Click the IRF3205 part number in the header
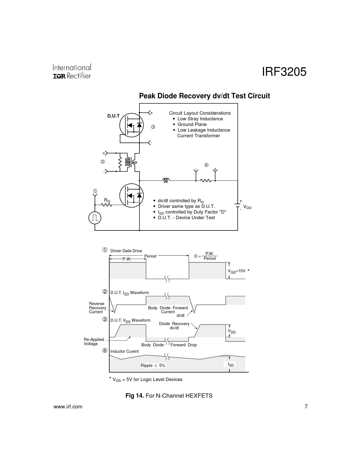click(284, 72)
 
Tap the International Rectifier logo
click(72, 71)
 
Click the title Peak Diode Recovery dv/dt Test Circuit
click(204, 96)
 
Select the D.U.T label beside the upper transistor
click(114, 116)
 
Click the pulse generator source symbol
click(95, 217)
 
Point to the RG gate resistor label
click(107, 201)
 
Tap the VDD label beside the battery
click(247, 208)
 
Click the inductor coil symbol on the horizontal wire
click(166, 180)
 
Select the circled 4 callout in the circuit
click(206, 165)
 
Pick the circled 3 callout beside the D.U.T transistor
click(153, 127)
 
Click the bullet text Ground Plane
click(192, 125)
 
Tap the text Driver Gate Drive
click(126, 251)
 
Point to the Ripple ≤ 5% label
click(153, 365)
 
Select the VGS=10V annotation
click(237, 271)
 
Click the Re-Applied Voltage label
click(94, 342)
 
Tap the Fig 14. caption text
click(169, 396)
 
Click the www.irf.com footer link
click(68, 407)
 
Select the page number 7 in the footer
click(306, 407)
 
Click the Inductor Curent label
click(125, 351)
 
